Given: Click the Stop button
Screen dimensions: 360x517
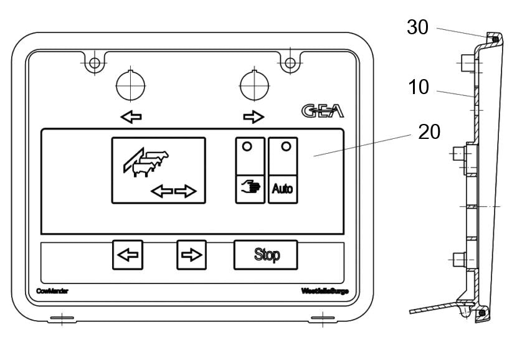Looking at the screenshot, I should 265,255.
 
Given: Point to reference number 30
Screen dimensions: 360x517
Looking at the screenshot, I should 417,27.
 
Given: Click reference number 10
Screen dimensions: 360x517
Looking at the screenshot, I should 420,87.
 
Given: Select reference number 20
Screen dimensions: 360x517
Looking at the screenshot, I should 429,131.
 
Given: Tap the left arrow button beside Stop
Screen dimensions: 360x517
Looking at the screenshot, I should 127,255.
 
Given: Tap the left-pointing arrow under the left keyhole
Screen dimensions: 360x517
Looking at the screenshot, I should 131,116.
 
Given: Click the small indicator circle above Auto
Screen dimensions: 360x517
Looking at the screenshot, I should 286,146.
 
